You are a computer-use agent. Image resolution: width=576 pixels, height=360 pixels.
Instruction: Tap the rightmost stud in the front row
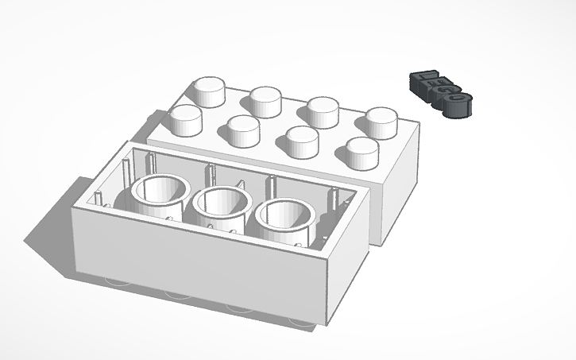coord(362,151)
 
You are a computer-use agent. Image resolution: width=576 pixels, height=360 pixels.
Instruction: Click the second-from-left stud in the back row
coord(268,101)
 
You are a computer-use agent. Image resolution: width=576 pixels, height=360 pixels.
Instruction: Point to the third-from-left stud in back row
coord(323,110)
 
